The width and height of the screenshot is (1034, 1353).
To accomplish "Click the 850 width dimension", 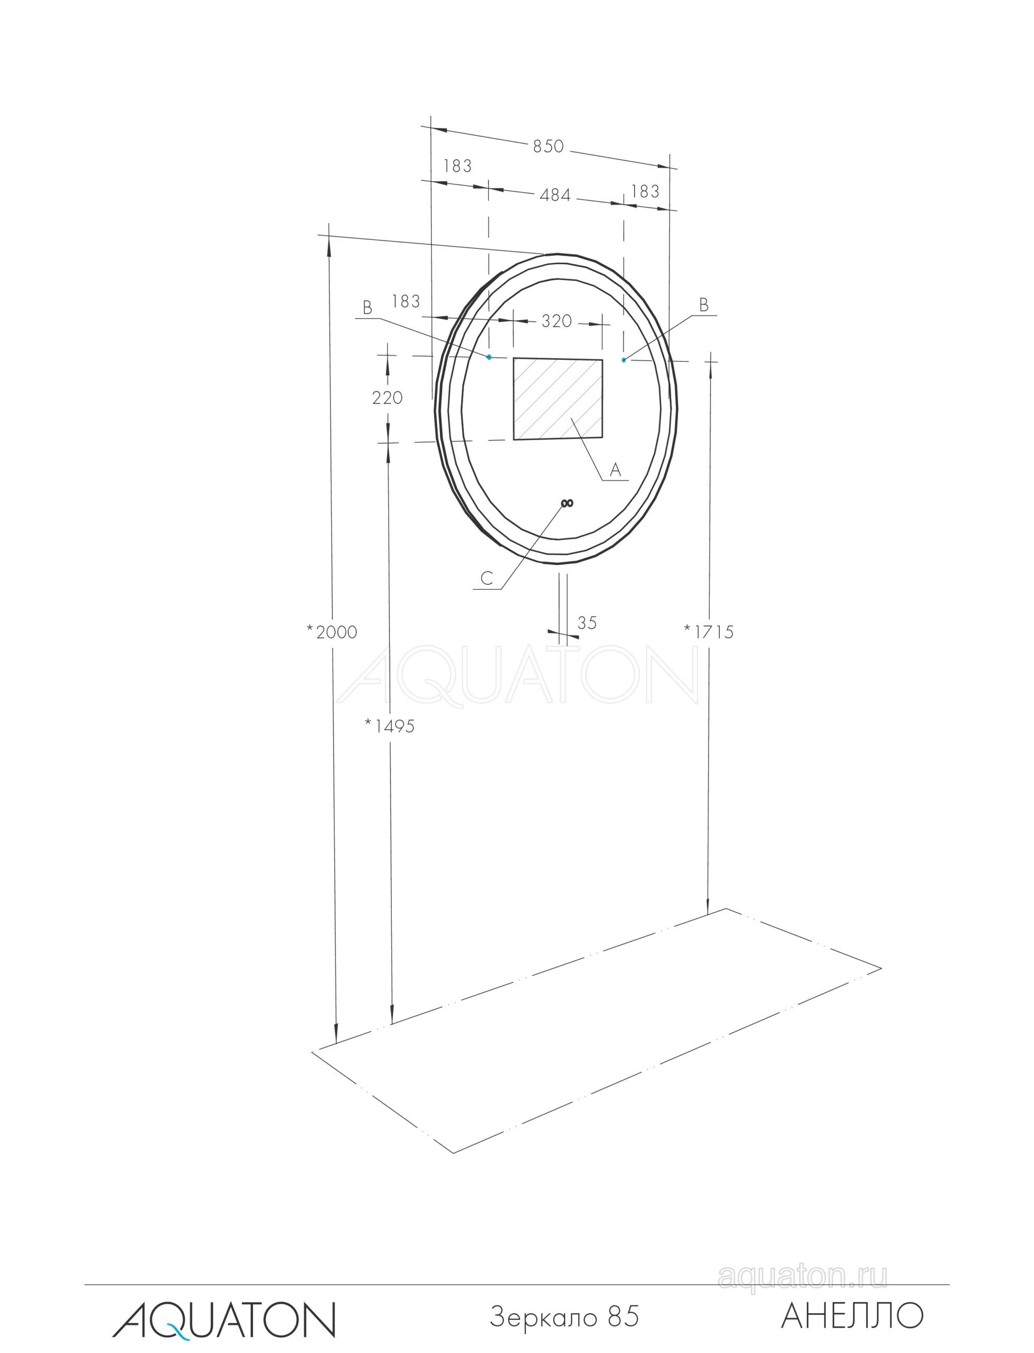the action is click(x=548, y=146).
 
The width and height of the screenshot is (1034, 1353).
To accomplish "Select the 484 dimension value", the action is click(x=555, y=194).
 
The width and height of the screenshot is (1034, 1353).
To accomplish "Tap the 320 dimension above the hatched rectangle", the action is click(x=557, y=321).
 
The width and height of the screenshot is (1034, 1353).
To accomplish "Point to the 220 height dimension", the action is click(x=387, y=398).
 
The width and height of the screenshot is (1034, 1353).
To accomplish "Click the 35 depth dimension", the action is click(x=587, y=623).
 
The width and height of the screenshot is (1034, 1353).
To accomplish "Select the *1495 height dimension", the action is click(x=390, y=727).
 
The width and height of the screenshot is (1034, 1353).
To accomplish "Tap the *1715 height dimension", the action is click(x=709, y=632).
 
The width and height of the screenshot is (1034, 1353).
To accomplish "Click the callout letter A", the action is click(x=615, y=470).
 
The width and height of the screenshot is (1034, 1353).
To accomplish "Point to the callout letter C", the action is click(x=487, y=578).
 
